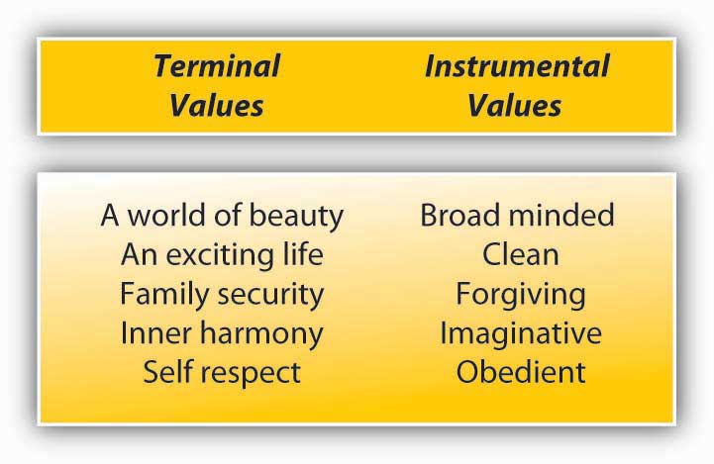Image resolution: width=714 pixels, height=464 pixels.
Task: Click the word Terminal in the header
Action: (217, 66)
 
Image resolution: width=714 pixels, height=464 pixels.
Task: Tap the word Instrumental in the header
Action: (517, 66)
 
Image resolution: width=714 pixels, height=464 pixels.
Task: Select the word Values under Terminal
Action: (217, 106)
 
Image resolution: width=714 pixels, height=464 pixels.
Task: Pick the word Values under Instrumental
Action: (515, 106)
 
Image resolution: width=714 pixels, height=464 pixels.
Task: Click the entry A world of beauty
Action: (222, 216)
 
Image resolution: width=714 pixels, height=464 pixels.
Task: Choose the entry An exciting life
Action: (222, 254)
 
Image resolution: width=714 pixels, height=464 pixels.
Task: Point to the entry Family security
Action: (222, 294)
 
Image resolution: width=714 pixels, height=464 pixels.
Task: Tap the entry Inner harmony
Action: (222, 333)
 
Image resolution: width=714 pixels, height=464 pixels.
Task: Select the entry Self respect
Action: (222, 373)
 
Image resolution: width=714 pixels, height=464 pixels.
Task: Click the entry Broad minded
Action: (517, 215)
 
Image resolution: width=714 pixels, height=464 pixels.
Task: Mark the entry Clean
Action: (521, 254)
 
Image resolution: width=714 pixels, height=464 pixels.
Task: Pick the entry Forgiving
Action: (521, 294)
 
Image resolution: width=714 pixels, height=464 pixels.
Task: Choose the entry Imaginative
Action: (521, 333)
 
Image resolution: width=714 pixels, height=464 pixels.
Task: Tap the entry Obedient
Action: (521, 372)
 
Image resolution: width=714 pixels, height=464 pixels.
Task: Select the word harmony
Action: (261, 334)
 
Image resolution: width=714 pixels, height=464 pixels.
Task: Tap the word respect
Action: (251, 374)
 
